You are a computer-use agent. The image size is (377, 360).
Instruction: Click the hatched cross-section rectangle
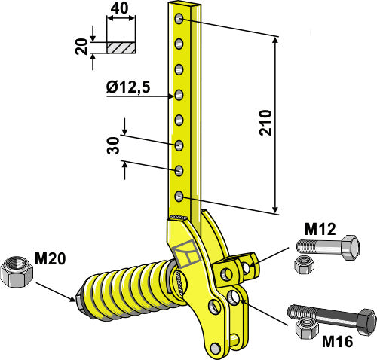(x=121, y=47)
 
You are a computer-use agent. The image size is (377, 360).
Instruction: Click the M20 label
(x=51, y=259)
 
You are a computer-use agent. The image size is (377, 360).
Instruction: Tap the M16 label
(x=337, y=342)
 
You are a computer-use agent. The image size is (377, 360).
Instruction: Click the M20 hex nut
(x=16, y=273)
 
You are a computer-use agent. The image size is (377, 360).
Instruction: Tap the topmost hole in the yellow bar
(x=179, y=19)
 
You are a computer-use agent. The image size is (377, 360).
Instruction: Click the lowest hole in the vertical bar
(x=179, y=197)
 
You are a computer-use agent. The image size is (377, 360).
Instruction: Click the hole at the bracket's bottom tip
(x=216, y=347)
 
